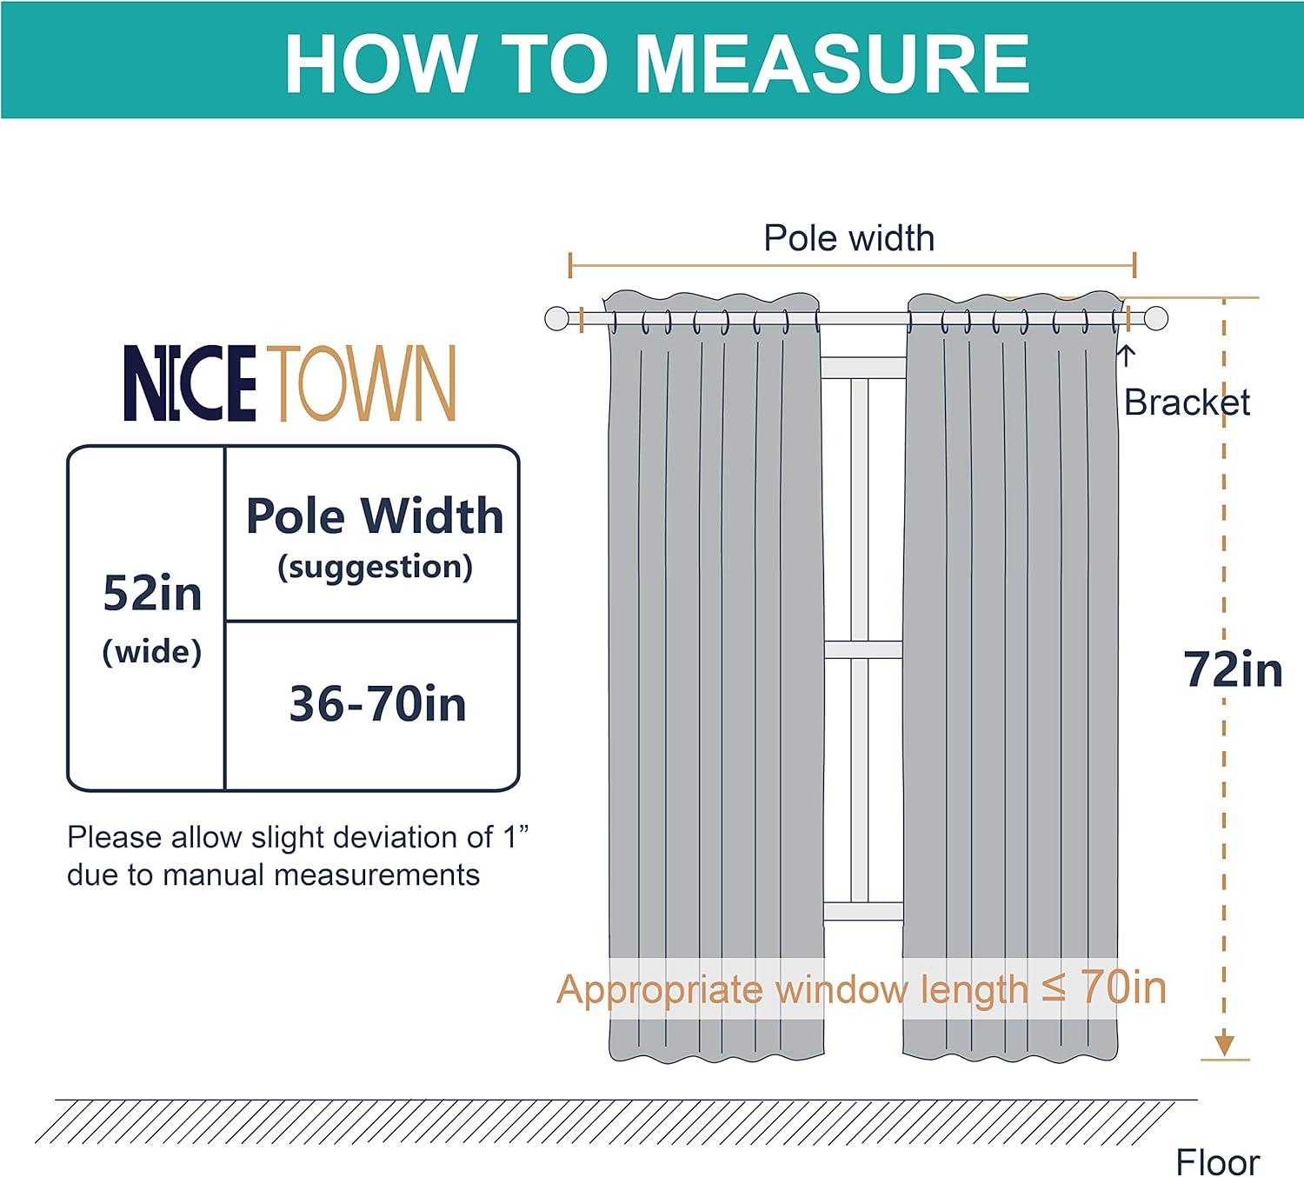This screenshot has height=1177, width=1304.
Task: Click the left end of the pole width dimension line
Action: click(570, 266)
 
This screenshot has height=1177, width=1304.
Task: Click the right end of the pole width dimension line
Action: click(1135, 266)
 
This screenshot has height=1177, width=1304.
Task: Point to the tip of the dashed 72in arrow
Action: click(1224, 1054)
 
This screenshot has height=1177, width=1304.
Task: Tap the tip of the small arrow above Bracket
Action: click(1126, 347)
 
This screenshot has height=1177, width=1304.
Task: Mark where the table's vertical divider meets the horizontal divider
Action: click(225, 621)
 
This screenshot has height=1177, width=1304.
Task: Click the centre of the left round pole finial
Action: click(556, 319)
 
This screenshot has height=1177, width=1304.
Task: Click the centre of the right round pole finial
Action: click(1156, 319)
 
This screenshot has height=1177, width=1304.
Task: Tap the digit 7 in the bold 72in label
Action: click(1196, 669)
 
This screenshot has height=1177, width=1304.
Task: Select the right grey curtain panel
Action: click(1012, 676)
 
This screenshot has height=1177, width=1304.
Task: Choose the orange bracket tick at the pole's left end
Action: click(581, 319)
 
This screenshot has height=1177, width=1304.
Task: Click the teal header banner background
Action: click(652, 60)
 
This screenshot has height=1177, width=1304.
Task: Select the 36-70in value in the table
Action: click(377, 703)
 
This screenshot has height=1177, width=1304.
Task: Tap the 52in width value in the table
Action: click(152, 593)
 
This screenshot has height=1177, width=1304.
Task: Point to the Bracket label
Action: click(1187, 402)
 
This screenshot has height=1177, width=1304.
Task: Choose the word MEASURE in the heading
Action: click(831, 63)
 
